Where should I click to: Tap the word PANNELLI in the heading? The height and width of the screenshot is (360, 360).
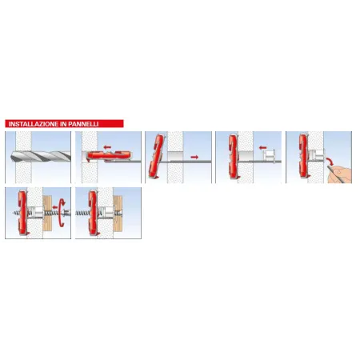coord(83,124)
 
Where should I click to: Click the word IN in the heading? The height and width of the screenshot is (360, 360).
coord(64,124)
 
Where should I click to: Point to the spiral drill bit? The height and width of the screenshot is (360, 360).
coord(41,156)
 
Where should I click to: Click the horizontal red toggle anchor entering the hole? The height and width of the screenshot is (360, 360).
coord(109,155)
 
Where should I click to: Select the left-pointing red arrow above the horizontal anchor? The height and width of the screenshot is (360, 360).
coord(107,147)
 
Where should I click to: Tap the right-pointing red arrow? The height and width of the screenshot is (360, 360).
coord(194,157)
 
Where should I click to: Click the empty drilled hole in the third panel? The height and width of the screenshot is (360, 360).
coord(175,156)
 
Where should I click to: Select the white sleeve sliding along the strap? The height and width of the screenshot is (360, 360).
coord(270,155)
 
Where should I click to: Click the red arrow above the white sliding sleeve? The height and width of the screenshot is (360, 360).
coord(262,147)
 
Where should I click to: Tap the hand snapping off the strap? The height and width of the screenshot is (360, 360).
coord(340,174)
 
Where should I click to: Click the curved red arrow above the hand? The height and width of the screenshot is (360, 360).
coord(330,161)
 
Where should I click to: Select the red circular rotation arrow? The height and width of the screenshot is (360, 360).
coord(62,213)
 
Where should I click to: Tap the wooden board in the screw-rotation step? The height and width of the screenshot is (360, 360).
coord(47,213)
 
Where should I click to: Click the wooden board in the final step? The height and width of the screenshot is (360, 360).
coord(118,214)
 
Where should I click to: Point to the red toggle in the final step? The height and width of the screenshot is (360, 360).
coord(93,213)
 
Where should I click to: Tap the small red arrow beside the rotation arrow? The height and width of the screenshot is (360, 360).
coord(55,206)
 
